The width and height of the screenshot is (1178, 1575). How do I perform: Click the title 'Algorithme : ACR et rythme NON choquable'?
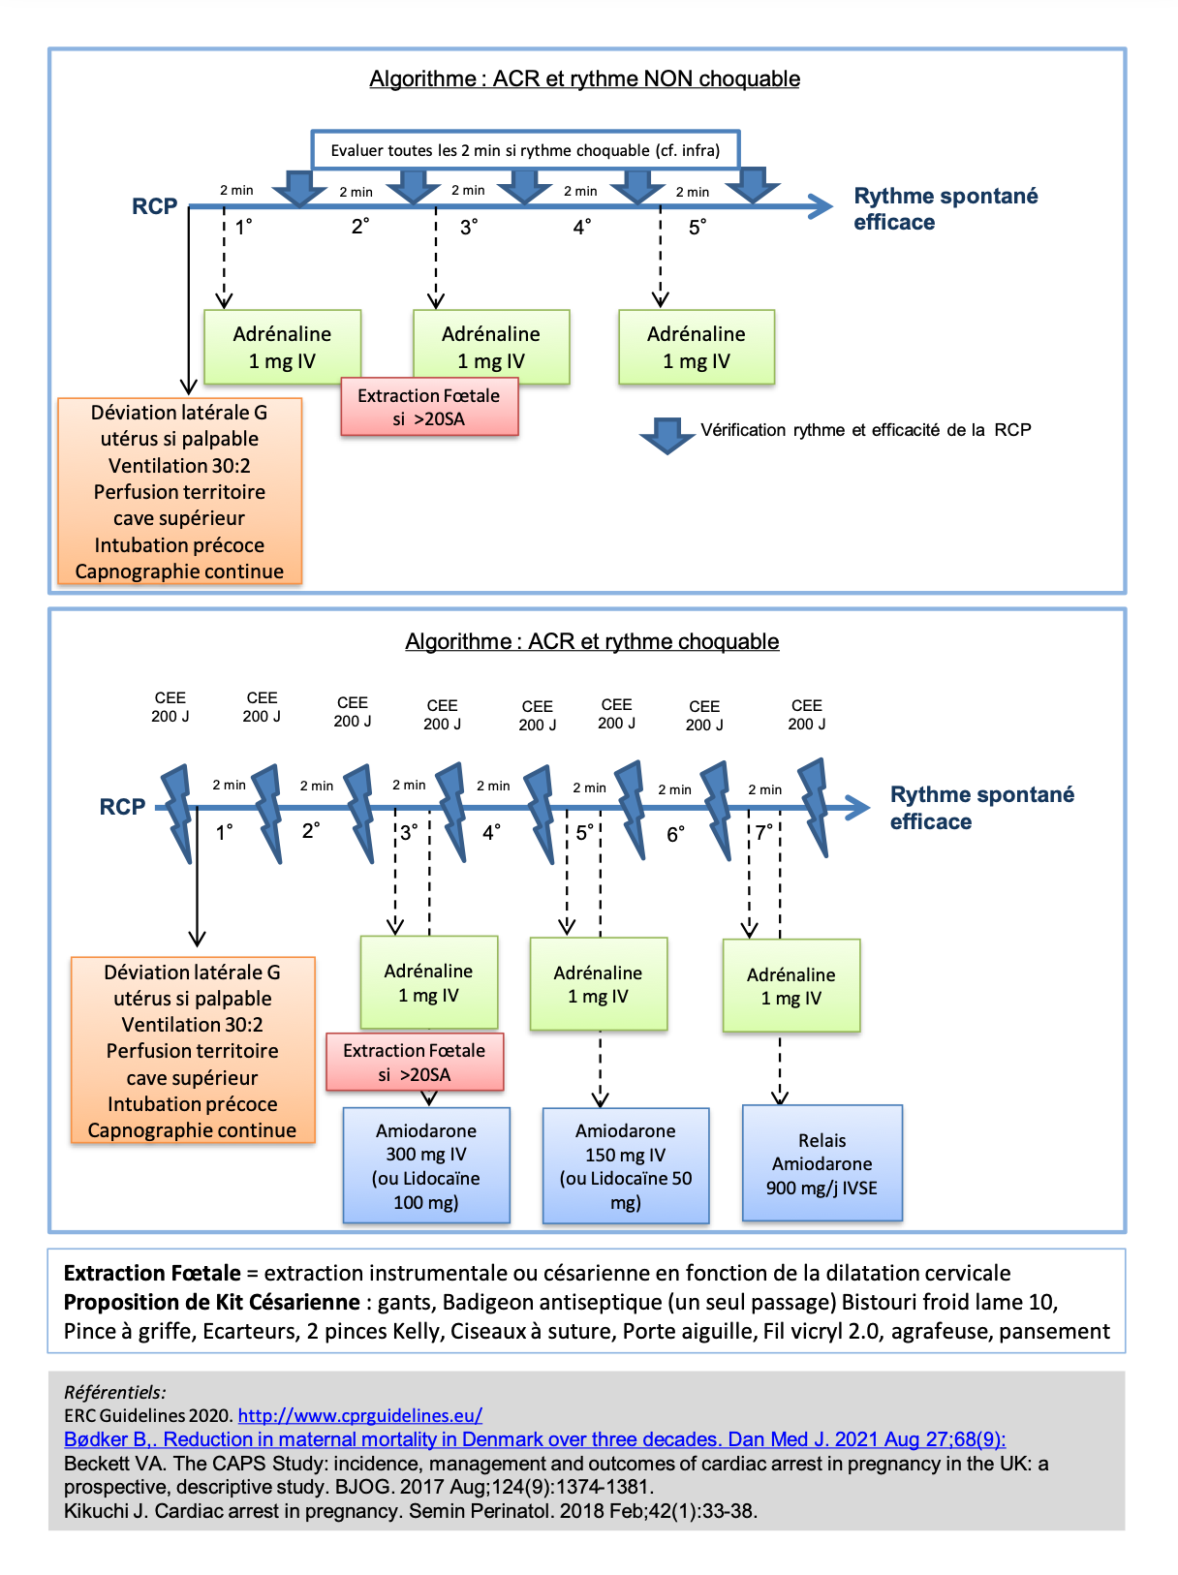point(584,78)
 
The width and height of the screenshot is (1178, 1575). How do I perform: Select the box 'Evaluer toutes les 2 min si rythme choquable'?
point(525,150)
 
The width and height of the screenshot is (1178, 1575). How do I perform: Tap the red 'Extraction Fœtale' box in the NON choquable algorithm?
point(429,407)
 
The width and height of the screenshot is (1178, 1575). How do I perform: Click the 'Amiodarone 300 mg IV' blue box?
point(426,1164)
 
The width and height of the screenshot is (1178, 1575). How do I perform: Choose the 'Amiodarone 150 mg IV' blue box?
point(626,1165)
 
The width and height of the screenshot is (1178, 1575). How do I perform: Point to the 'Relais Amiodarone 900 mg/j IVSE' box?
point(822,1162)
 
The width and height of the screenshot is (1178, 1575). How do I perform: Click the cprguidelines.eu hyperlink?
point(360,1415)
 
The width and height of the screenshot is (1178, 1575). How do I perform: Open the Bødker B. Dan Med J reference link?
point(535,1438)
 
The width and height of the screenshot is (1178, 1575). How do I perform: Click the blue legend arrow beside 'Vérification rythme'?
point(667,436)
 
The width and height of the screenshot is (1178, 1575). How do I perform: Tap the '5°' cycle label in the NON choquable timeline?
point(697,228)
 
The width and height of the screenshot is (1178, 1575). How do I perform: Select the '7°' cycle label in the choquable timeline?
point(764,832)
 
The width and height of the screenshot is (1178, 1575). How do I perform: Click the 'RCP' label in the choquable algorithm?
point(122,807)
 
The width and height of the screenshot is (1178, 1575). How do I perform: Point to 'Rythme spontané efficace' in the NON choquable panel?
point(945,209)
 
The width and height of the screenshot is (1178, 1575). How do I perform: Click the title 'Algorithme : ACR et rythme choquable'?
point(592,641)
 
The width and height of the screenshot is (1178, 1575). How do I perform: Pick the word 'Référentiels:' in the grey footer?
point(114,1392)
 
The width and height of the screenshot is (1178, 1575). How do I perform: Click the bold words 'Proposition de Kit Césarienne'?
point(211,1302)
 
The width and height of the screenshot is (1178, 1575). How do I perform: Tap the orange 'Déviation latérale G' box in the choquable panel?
point(193,1050)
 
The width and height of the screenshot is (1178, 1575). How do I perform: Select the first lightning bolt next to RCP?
point(177,813)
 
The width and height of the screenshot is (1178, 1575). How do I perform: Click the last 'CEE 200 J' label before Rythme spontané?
point(806,715)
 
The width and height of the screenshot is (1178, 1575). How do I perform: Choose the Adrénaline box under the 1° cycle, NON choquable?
point(283,347)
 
